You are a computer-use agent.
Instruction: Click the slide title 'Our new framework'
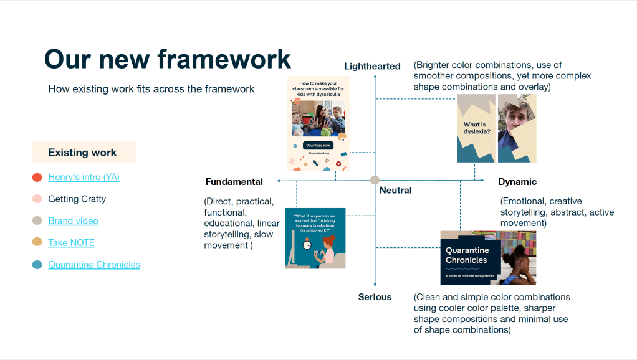coord(167,59)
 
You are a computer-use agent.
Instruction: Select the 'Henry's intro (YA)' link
coord(84,177)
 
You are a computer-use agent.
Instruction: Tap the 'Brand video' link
coord(73,221)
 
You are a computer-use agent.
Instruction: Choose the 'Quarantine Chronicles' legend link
coord(94,265)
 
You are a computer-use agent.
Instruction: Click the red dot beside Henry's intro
coord(37,178)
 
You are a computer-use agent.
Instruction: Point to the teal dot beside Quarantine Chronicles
coord(37,265)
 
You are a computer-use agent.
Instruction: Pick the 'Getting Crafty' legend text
coord(77,199)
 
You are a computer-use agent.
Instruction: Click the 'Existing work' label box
coord(84,153)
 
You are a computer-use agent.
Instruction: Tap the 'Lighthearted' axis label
coord(372,67)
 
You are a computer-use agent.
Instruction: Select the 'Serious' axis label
coord(375,297)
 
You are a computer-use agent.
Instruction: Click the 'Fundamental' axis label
coord(234,182)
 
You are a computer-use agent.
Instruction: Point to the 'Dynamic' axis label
coord(517,182)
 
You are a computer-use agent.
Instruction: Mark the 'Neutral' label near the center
coord(396,190)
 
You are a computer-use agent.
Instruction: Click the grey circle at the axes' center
coord(375,180)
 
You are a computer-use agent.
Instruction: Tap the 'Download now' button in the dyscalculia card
coord(318,145)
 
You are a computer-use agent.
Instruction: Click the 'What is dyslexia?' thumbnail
coord(476,128)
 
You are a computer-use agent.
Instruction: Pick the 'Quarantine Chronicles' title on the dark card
coord(466,255)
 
